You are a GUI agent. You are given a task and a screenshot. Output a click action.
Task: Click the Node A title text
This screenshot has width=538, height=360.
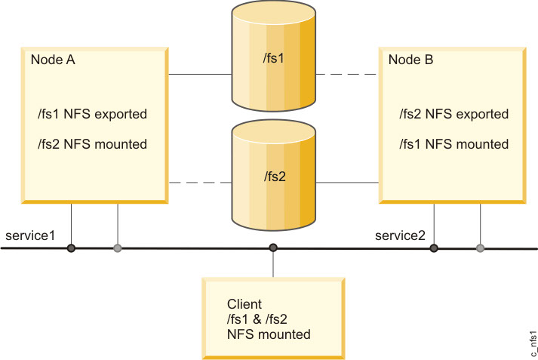coord(52,60)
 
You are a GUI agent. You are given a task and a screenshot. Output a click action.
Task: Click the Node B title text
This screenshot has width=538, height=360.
coord(410,60)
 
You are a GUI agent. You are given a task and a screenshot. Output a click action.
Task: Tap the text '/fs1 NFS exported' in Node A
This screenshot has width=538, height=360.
coord(92,115)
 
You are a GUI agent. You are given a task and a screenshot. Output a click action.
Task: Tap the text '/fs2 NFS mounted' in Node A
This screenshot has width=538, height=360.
coord(92,143)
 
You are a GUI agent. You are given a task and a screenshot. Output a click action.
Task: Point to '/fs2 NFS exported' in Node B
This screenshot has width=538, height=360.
coord(453,115)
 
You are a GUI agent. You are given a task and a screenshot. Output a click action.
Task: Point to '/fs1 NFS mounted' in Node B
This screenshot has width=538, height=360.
coord(453,143)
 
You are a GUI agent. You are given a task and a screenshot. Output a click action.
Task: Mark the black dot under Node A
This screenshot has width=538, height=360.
coord(71,248)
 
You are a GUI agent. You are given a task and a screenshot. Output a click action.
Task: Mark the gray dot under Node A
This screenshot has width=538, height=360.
coord(117,248)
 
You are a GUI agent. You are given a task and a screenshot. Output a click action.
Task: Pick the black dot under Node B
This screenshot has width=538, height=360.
coord(433,248)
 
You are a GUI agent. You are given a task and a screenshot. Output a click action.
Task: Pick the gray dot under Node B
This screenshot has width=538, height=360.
coord(480,248)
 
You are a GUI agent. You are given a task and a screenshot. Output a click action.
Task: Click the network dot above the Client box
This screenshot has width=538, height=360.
coord(273,248)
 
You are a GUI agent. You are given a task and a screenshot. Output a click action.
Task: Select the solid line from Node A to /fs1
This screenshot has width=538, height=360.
coord(199,75)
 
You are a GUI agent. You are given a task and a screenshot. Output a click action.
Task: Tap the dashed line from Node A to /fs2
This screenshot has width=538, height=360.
coord(199,183)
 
